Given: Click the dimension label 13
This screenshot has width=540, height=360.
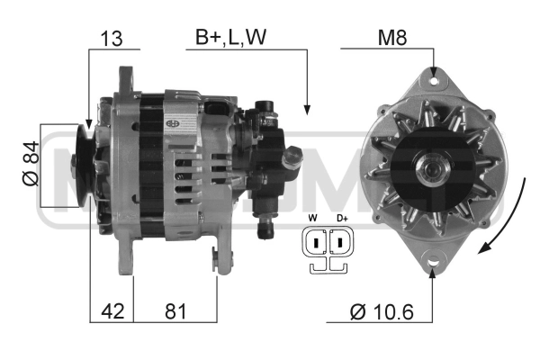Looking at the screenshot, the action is pyautogui.click(x=112, y=39).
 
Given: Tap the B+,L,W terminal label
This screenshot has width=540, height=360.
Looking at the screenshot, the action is pyautogui.click(x=230, y=38).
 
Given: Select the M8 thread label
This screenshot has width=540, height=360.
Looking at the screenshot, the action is pyautogui.click(x=392, y=38).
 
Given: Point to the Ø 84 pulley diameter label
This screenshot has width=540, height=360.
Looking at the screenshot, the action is pyautogui.click(x=31, y=163).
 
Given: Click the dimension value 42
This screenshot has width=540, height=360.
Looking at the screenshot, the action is pyautogui.click(x=112, y=311).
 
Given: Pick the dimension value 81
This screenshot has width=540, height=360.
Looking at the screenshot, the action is pyautogui.click(x=175, y=311).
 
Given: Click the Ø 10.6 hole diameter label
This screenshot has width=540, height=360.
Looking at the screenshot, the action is pyautogui.click(x=382, y=312).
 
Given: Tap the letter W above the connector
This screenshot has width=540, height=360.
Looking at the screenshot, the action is pyautogui.click(x=313, y=218).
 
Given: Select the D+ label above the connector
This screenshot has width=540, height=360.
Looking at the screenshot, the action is pyautogui.click(x=342, y=218).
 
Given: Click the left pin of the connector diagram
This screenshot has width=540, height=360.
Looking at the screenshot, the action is pyautogui.click(x=316, y=242).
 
